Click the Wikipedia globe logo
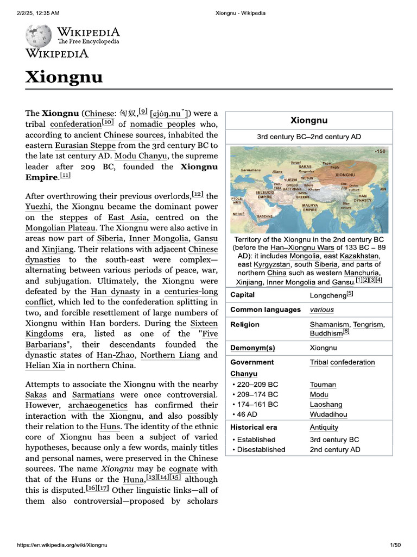[39, 36]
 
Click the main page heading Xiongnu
[64, 77]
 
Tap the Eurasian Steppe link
[85, 145]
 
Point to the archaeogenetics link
[98, 405]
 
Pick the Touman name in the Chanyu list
[323, 385]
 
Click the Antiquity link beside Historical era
[324, 427]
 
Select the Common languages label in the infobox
[265, 310]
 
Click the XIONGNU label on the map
[345, 175]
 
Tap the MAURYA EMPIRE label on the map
[309, 207]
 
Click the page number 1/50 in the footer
[395, 545]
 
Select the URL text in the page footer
[62, 545]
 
